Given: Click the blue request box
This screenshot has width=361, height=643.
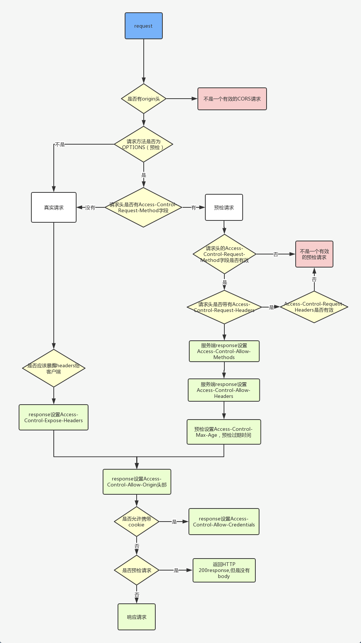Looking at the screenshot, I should tap(144, 26).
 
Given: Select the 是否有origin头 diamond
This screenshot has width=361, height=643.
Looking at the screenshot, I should tap(144, 99).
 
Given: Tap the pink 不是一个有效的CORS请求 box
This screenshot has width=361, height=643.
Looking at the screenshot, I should tap(232, 99).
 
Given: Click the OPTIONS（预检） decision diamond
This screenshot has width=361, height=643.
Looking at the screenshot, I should tap(144, 144).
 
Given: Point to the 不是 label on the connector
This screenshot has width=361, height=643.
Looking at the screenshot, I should tap(60, 144).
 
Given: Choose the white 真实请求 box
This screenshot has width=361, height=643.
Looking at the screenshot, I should tap(54, 207).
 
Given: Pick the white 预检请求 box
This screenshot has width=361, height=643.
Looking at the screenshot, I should tap(224, 207).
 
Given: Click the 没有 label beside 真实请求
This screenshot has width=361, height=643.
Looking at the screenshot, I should tap(90, 208).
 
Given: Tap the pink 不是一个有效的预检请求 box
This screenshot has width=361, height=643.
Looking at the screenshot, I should tap(314, 254).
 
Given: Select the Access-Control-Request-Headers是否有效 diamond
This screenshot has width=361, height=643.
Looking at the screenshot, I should tap(314, 307).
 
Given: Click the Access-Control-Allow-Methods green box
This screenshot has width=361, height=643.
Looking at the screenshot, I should tap(224, 351).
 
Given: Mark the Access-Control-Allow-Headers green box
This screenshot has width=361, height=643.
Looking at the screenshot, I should tap(224, 390).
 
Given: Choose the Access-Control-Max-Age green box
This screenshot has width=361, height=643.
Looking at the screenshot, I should tap(224, 432).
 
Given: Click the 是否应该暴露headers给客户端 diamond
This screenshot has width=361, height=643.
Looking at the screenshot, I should tap(54, 368).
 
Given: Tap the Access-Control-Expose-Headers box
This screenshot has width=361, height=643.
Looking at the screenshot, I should tap(53, 417).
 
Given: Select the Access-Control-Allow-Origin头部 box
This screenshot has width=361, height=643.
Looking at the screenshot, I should tap(137, 482).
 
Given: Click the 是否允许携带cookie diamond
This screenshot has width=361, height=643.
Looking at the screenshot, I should tap(137, 522).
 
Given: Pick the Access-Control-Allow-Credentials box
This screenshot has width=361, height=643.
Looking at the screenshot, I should tap(224, 522).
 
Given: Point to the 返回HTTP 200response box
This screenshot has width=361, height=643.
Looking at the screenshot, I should tap(224, 570).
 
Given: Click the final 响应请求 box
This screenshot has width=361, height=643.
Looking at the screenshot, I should tap(137, 617).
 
